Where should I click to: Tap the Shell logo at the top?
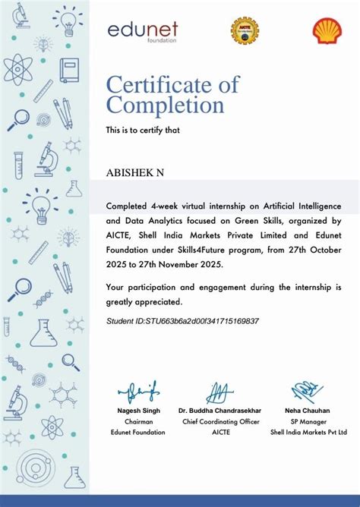coord(327,30)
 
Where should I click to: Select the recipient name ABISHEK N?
coord(134,173)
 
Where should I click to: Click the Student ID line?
coord(182,321)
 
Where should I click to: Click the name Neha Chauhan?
coord(308,411)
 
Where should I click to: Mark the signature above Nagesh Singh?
coord(139,392)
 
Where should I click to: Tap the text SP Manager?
coord(308,421)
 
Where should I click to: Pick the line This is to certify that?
coord(142,131)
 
